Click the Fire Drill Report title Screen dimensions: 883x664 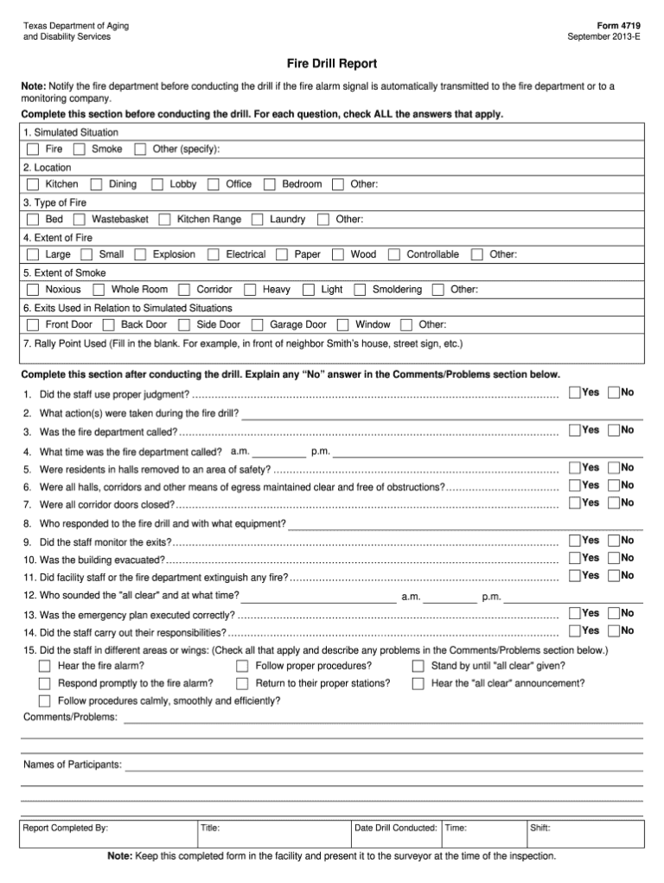click(332, 64)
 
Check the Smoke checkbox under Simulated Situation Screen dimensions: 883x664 click(80, 150)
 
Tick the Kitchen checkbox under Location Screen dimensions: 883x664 click(33, 184)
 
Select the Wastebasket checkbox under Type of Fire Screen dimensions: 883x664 click(80, 220)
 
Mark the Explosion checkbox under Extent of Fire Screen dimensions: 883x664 click(140, 255)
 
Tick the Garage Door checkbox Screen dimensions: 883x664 click(258, 325)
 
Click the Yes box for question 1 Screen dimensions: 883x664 click(575, 393)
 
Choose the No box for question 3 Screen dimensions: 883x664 click(614, 430)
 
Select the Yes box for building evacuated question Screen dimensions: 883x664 click(575, 558)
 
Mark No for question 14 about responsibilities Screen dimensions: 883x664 click(614, 630)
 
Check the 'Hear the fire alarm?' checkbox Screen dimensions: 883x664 click(45, 666)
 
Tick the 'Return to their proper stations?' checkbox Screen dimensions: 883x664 click(243, 683)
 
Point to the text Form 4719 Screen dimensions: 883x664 click(618, 26)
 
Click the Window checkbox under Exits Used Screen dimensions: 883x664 click(343, 325)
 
